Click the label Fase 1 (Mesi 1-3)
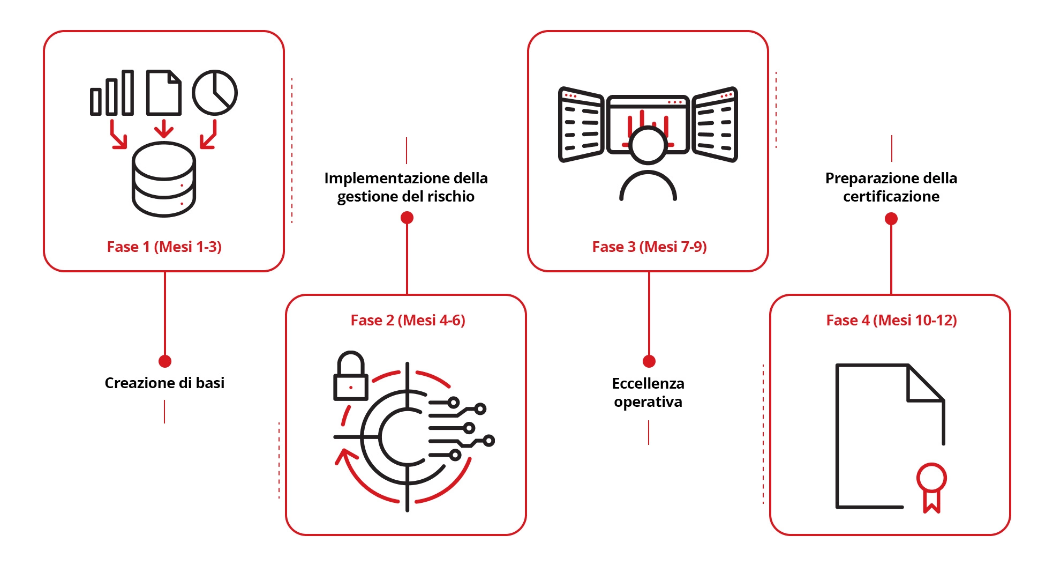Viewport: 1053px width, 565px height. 164,247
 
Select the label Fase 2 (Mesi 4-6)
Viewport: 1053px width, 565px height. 408,320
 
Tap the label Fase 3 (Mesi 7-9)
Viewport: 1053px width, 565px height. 649,247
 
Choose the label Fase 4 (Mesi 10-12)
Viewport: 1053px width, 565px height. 891,320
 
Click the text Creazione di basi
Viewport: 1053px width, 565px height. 164,383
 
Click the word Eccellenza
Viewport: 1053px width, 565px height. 648,383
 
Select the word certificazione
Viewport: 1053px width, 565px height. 891,196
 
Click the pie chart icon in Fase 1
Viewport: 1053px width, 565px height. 214,92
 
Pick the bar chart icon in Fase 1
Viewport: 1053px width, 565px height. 112,93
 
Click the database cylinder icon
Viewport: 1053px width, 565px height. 164,180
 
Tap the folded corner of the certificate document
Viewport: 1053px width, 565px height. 924,383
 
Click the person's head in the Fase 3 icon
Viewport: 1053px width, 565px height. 648,145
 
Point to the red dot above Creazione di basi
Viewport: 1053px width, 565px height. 165,361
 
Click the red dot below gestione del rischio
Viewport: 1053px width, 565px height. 407,218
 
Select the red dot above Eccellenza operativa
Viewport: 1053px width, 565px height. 649,361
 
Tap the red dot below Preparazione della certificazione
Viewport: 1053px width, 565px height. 891,219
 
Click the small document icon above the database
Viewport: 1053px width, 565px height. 163,93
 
